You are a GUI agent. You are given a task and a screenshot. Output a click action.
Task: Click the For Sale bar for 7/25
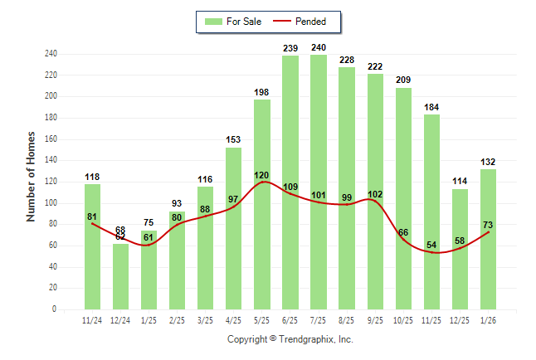[x=319, y=182]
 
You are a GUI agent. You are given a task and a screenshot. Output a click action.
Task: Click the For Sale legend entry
[x=234, y=22]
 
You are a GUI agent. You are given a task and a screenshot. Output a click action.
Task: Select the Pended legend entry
[x=302, y=22]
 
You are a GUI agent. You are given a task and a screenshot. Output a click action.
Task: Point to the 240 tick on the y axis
[x=51, y=54]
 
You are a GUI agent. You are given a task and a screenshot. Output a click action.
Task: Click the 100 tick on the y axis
[x=51, y=203]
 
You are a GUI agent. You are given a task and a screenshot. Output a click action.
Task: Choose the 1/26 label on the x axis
[x=488, y=319]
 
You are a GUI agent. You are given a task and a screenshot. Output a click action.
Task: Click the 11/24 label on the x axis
[x=93, y=319]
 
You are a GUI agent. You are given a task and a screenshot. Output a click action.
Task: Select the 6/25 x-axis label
[x=290, y=319]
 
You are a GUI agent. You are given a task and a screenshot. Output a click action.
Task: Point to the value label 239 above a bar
[x=290, y=49]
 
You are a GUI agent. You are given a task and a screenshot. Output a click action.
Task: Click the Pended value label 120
[x=262, y=176]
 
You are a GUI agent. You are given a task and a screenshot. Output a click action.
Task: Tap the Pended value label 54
[x=431, y=246]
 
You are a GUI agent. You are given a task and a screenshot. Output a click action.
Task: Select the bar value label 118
[x=93, y=177]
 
